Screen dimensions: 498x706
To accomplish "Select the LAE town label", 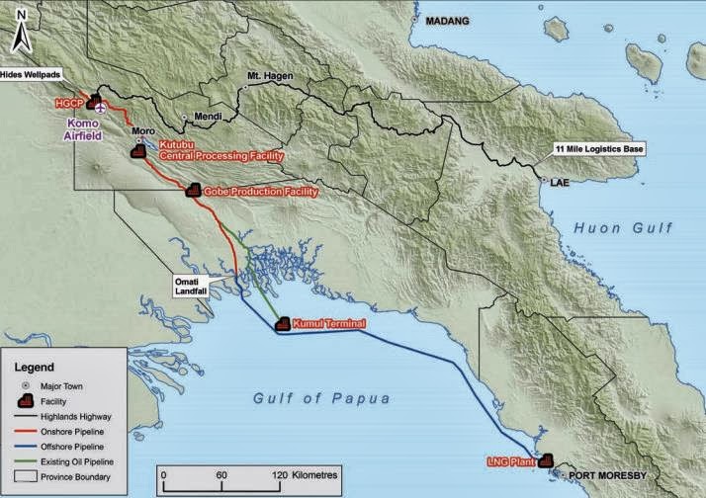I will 560,182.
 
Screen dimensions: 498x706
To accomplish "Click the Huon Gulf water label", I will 623,227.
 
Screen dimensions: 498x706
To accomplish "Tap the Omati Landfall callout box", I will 186,287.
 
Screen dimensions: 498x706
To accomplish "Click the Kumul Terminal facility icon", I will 282,323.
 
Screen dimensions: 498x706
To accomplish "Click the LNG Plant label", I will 511,461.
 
